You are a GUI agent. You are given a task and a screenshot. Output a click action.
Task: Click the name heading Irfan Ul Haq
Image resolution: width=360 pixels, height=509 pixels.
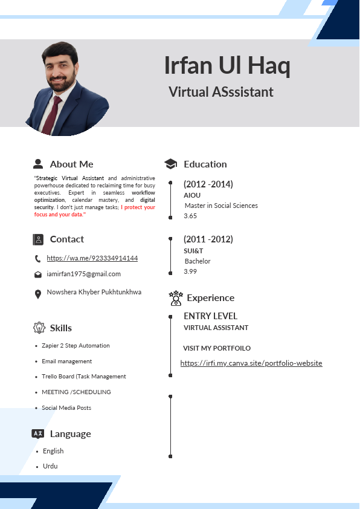(227, 66)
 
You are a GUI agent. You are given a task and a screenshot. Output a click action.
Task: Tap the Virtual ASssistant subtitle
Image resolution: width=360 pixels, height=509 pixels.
(220, 92)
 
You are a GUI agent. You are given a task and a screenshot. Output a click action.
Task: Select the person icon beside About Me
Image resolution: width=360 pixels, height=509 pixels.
(38, 164)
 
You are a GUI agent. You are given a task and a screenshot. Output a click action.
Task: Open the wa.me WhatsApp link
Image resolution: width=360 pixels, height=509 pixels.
(92, 258)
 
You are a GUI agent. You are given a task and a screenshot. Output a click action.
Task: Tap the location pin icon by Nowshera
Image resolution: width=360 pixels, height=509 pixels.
(38, 293)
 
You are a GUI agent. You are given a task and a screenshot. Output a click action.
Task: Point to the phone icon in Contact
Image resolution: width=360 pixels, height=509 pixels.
(38, 259)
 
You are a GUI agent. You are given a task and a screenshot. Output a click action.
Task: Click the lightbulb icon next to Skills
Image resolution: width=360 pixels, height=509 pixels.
(39, 328)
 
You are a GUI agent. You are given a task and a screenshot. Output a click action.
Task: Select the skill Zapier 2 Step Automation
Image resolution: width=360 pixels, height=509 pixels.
(76, 346)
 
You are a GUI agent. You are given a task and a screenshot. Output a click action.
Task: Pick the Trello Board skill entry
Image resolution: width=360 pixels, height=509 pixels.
(83, 377)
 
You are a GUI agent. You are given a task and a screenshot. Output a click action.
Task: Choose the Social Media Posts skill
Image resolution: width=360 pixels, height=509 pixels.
(66, 408)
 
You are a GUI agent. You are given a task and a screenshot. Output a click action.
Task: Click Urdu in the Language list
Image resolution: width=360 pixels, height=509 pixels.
(50, 466)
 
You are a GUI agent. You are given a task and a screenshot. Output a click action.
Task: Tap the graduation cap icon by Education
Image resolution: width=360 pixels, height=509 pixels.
(171, 164)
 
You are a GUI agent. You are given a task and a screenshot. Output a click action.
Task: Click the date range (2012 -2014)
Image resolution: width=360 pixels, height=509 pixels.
(208, 184)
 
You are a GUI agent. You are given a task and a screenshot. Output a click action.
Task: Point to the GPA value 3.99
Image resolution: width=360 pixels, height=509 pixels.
(190, 271)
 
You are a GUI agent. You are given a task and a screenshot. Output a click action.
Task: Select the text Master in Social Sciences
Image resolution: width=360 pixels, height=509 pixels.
(221, 206)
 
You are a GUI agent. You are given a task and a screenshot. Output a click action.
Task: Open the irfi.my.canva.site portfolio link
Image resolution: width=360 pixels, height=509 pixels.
(251, 363)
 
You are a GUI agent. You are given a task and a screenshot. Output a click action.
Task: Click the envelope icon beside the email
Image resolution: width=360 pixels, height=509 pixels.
(38, 274)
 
